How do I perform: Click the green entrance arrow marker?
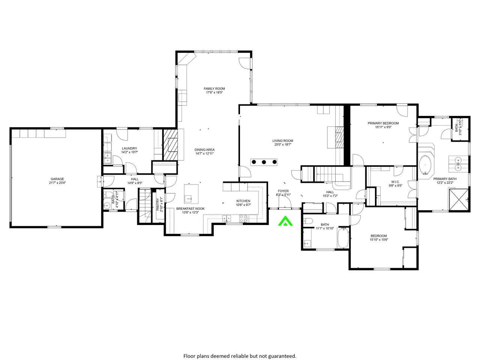click(285, 221)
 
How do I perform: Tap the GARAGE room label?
click(57, 179)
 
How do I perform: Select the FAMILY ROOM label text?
click(214, 89)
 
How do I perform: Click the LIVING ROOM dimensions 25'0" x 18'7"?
click(283, 144)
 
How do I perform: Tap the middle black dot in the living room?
click(264, 162)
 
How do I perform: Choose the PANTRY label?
click(158, 205)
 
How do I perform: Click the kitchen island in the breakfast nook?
click(191, 194)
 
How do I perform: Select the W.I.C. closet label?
click(395, 182)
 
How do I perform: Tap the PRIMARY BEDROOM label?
click(383, 123)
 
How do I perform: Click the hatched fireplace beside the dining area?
click(171, 144)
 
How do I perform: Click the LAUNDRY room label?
click(129, 148)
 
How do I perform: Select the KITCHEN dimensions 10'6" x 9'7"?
click(243, 205)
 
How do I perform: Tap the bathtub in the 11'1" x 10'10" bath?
click(343, 238)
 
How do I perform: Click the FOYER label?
click(283, 191)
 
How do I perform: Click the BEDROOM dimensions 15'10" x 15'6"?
click(379, 240)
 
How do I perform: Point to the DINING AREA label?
click(204, 150)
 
